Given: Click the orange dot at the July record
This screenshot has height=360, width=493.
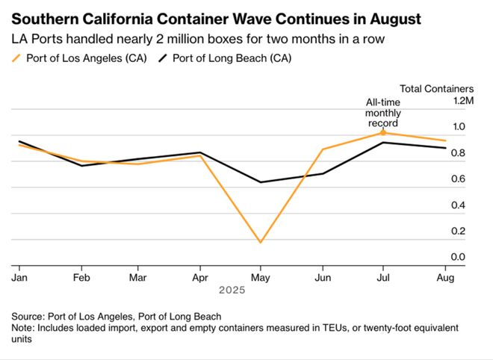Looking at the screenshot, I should coord(383,133).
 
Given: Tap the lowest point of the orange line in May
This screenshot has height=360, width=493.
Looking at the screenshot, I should coord(261,242).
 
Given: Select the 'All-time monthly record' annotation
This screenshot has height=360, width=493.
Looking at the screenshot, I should coord(382,113).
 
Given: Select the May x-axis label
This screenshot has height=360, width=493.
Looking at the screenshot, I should coord(261,276).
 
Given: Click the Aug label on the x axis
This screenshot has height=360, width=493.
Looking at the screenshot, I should coord(445,276).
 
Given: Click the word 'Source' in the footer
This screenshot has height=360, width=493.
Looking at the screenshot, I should coord(28,316).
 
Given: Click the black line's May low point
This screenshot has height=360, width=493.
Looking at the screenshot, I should coord(261,181).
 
